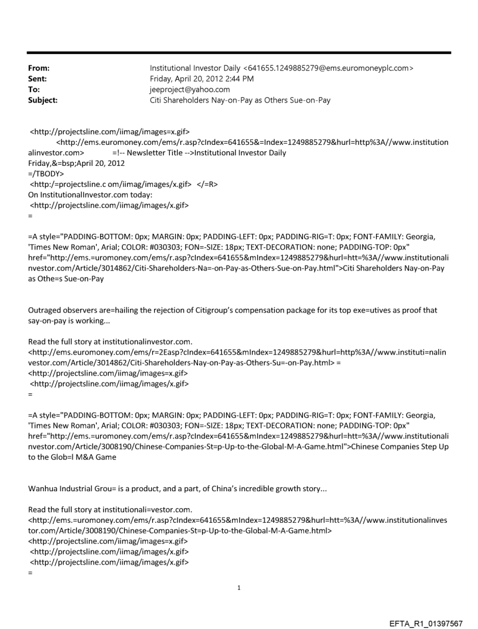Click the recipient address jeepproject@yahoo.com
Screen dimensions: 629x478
[x=190, y=90]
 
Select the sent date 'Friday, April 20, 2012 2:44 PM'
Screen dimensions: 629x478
[x=202, y=79]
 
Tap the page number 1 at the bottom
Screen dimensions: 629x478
[x=239, y=587]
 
